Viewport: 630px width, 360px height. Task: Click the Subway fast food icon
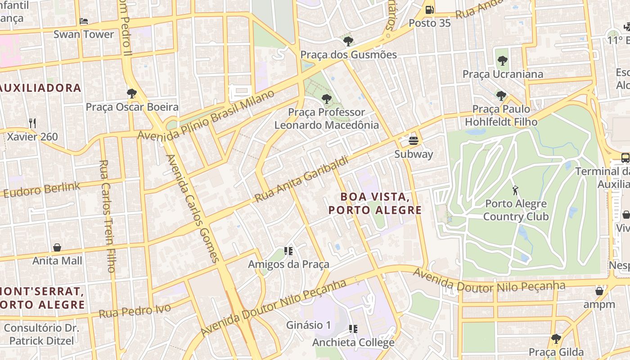point(414,141)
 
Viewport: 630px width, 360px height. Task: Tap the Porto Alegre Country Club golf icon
point(515,190)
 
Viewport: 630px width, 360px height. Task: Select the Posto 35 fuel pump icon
point(429,9)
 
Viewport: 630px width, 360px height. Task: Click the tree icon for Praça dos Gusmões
point(348,41)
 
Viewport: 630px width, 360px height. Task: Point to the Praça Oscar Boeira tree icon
point(132,94)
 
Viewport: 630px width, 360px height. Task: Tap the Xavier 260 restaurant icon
point(32,123)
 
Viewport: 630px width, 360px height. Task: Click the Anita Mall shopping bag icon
point(57,247)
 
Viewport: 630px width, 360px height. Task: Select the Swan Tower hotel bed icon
point(84,21)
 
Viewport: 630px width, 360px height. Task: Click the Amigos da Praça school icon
point(288,251)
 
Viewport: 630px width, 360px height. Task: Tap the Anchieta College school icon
point(353,329)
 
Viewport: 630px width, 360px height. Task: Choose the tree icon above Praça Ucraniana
point(503,60)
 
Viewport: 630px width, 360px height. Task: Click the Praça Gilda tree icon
point(556,338)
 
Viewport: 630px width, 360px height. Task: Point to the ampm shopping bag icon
point(599,291)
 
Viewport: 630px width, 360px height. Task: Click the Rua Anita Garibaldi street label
point(301,180)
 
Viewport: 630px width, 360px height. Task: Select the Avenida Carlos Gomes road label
point(193,208)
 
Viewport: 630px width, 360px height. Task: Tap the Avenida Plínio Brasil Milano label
point(206,115)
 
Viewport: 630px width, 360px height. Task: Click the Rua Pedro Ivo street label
point(135,310)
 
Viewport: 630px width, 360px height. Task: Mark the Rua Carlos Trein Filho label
point(107,216)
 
